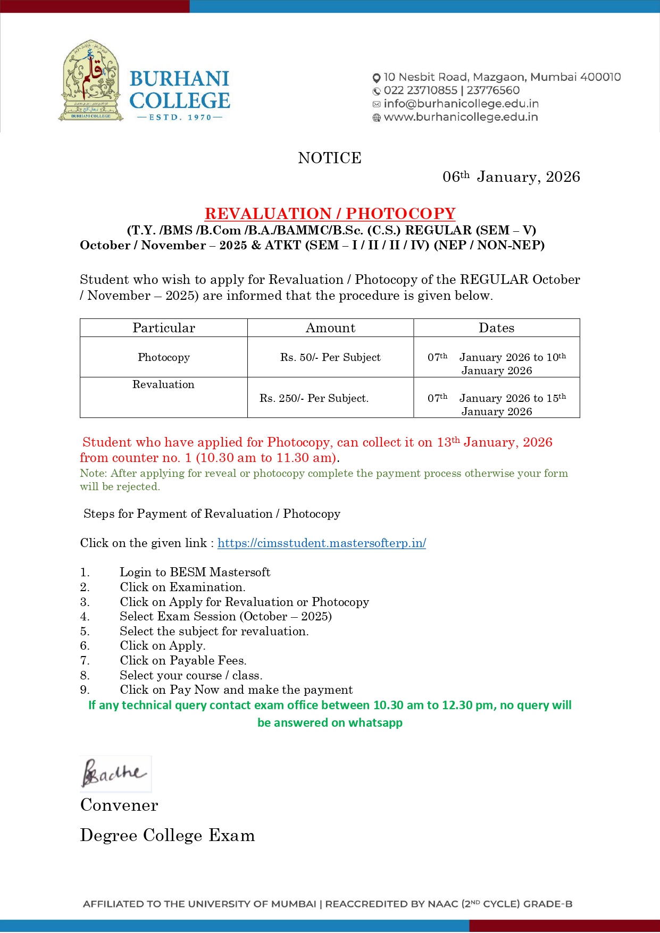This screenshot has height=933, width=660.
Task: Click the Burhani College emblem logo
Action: [x=90, y=81]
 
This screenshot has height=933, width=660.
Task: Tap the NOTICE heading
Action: [x=330, y=158]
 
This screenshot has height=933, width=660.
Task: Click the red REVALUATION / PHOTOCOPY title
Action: [x=330, y=214]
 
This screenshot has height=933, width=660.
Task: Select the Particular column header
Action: [x=164, y=328]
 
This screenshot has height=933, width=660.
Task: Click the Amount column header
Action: [x=330, y=328]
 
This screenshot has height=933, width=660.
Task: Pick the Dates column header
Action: [x=496, y=328]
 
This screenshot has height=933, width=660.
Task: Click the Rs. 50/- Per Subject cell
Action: [x=330, y=357]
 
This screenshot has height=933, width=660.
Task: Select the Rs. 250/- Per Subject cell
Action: [x=314, y=398]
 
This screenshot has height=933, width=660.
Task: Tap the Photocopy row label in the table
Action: [x=164, y=357]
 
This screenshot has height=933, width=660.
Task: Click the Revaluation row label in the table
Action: [x=163, y=384]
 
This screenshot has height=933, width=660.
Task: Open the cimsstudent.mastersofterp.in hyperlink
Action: [x=322, y=543]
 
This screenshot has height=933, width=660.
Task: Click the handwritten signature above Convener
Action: [x=114, y=774]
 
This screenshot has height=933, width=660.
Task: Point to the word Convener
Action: [x=119, y=805]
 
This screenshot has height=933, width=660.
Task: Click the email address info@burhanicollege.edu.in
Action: [x=461, y=104]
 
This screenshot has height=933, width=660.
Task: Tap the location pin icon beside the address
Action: [x=377, y=78]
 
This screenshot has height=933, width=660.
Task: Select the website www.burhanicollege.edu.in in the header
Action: [x=461, y=117]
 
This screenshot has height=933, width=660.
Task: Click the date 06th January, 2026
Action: [x=511, y=176]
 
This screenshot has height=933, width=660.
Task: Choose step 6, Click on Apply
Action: [x=162, y=645]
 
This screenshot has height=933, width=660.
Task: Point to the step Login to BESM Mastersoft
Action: [x=195, y=572]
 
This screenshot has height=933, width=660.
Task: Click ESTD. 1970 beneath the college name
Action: [x=180, y=117]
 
